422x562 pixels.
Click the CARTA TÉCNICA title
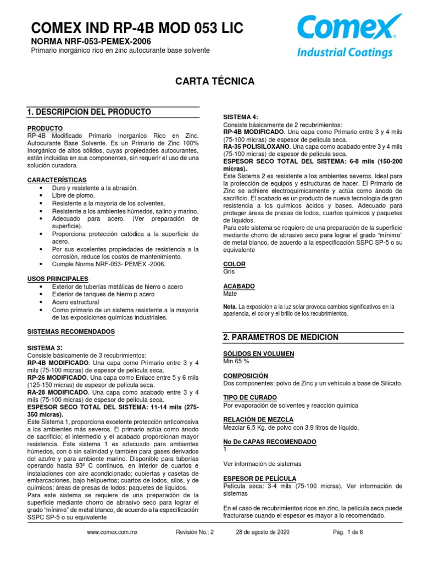point(214,81)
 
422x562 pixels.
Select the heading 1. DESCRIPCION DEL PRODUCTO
point(89,112)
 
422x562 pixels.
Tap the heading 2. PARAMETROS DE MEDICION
point(280,337)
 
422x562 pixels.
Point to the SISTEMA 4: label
point(240,117)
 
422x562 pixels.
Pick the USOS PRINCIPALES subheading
point(58,279)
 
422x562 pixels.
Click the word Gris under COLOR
point(229,271)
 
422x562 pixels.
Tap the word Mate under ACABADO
point(230,294)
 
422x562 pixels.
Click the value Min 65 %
point(236,361)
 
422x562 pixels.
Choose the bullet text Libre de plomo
point(73,195)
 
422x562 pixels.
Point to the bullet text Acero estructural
point(75,302)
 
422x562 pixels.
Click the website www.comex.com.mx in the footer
point(112,532)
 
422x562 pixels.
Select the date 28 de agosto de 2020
point(263,532)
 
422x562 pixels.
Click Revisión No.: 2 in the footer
point(193,532)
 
